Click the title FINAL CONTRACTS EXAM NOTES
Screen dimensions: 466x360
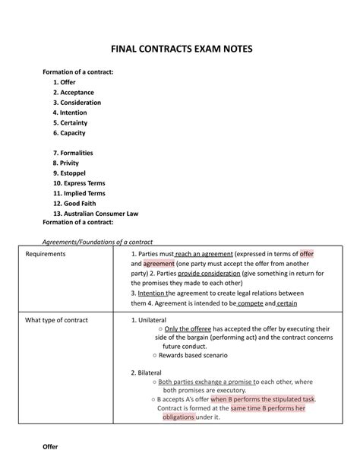pyautogui.click(x=180, y=49)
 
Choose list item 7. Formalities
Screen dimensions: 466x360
pyautogui.click(x=73, y=153)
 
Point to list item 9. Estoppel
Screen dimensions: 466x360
pyautogui.click(x=69, y=173)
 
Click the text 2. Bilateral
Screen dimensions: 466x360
pyautogui.click(x=148, y=372)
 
